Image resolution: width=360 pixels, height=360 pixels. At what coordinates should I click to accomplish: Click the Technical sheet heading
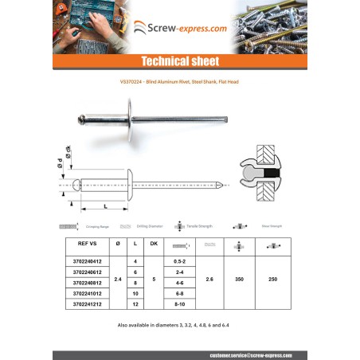[x=179, y=61]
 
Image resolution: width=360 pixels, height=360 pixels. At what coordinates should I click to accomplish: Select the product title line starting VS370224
[x=179, y=83]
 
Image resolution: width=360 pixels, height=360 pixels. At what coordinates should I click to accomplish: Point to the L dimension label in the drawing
[x=105, y=205]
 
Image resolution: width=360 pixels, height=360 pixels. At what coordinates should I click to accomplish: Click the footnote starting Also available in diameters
[x=179, y=325]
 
